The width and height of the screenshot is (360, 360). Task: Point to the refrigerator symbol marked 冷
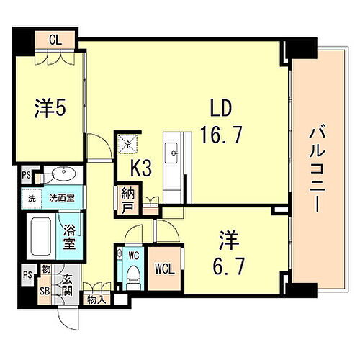click(128, 143)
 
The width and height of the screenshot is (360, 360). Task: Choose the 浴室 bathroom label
click(68, 238)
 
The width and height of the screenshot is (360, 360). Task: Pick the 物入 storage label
click(96, 297)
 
